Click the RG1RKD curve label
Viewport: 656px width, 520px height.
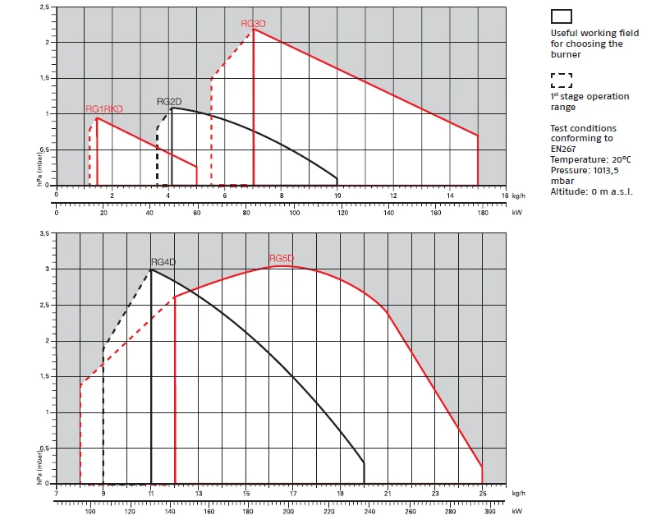[104, 109]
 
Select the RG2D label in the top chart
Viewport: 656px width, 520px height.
[169, 102]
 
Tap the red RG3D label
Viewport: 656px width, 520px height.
[253, 24]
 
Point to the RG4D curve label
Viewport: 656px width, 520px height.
[163, 262]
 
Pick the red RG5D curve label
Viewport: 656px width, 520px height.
[281, 259]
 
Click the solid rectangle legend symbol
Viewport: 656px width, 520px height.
[562, 16]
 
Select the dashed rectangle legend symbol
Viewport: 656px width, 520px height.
[562, 80]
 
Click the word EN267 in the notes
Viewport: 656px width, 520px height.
[564, 149]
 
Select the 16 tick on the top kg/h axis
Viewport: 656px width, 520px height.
[506, 196]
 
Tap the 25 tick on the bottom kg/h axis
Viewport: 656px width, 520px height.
[482, 494]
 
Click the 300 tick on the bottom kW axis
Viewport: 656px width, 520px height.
[490, 511]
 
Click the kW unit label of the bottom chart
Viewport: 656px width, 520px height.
[516, 511]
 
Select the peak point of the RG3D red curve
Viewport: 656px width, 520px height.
[254, 29]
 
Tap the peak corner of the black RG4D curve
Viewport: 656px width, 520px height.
[151, 269]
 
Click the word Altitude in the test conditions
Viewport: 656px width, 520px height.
[567, 191]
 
